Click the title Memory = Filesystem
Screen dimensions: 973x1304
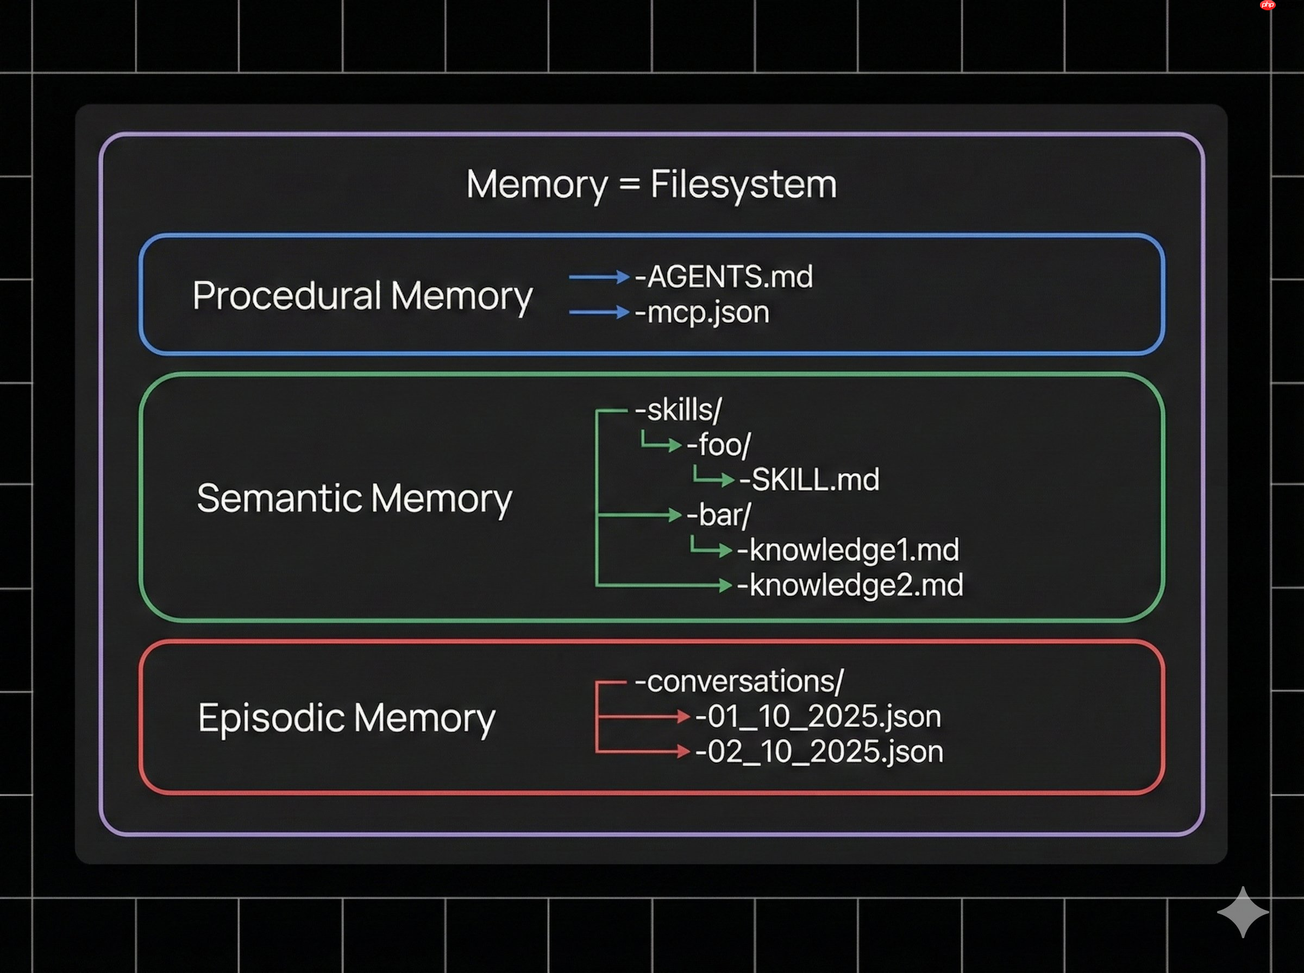click(651, 185)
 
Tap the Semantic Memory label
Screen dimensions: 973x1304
click(354, 498)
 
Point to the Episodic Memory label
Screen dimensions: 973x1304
click(347, 718)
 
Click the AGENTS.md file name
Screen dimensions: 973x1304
click(724, 276)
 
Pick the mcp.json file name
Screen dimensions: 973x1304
click(703, 312)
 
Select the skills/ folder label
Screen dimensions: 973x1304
click(679, 410)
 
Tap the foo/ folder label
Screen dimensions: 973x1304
click(719, 445)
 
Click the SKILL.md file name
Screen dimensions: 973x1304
click(810, 479)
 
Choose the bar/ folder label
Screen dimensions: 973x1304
click(719, 515)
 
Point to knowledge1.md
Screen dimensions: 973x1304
click(849, 550)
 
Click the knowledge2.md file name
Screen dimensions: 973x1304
click(850, 585)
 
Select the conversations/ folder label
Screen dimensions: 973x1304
click(739, 681)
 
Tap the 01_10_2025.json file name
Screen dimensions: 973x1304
click(818, 716)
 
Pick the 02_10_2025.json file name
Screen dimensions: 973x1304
click(820, 751)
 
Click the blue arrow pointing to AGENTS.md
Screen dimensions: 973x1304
click(599, 277)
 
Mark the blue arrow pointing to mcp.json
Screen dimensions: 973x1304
click(599, 312)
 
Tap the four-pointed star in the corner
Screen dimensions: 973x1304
click(1243, 912)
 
